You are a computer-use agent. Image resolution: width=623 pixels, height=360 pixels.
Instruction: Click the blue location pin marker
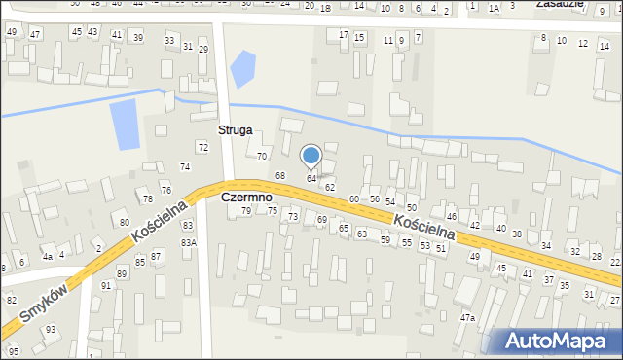(x=311, y=156)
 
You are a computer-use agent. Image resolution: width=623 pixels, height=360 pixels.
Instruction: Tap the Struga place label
(x=236, y=129)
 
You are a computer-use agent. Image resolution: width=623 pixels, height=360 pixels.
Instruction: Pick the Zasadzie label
(x=560, y=4)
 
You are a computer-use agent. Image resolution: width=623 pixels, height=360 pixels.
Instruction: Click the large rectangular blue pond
(x=124, y=124)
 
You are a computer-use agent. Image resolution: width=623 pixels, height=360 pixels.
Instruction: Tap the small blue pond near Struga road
(x=241, y=68)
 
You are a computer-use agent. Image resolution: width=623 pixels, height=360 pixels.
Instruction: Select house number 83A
(x=188, y=242)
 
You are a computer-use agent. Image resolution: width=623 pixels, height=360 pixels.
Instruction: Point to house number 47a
(x=468, y=318)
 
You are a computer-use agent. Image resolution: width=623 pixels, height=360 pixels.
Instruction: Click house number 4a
(x=47, y=257)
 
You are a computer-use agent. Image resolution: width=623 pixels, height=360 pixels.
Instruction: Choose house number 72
(x=202, y=147)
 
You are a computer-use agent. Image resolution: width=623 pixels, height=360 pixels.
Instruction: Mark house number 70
(x=261, y=156)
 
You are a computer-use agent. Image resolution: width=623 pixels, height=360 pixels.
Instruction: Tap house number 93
(x=50, y=330)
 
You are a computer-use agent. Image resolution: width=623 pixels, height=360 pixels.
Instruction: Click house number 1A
(x=494, y=8)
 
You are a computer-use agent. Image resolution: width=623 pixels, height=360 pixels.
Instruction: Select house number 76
(x=166, y=190)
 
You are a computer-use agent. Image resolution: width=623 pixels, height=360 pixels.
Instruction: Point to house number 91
(x=106, y=285)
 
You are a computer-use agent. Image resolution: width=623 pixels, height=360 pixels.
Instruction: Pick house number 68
(x=280, y=175)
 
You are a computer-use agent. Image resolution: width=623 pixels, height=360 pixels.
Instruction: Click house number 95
(x=14, y=350)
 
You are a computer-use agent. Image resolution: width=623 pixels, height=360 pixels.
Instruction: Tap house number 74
(x=184, y=167)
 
